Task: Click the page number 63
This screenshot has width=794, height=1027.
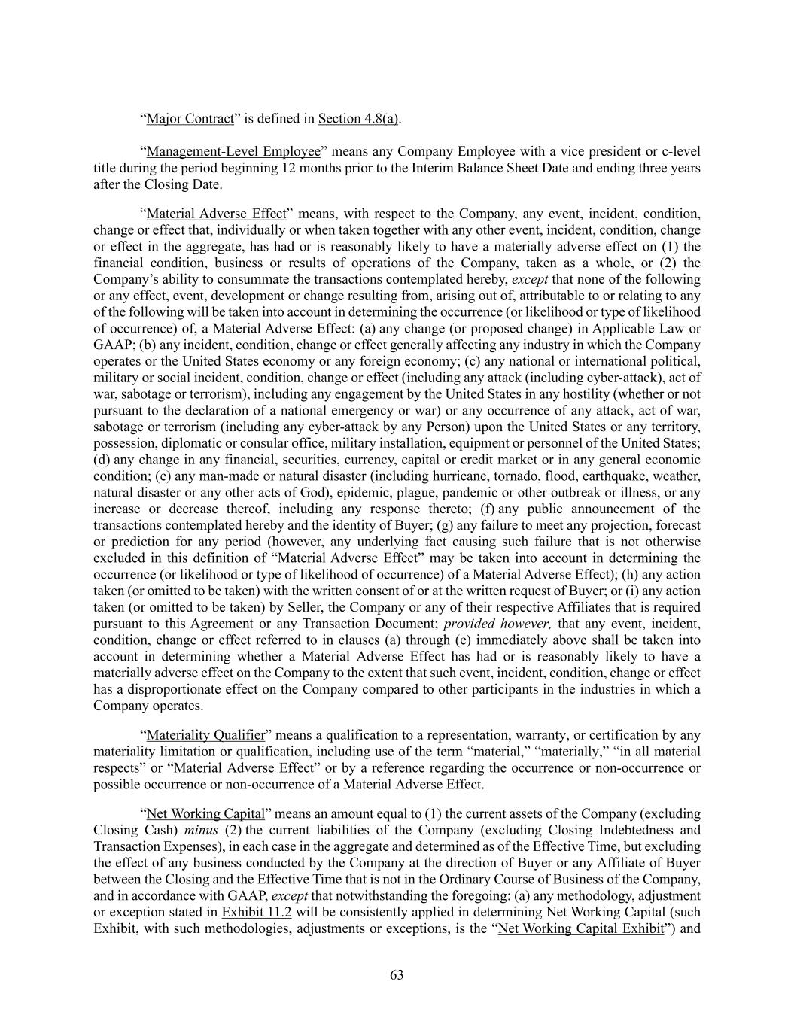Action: click(397, 975)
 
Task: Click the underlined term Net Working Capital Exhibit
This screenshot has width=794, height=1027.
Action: click(581, 928)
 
